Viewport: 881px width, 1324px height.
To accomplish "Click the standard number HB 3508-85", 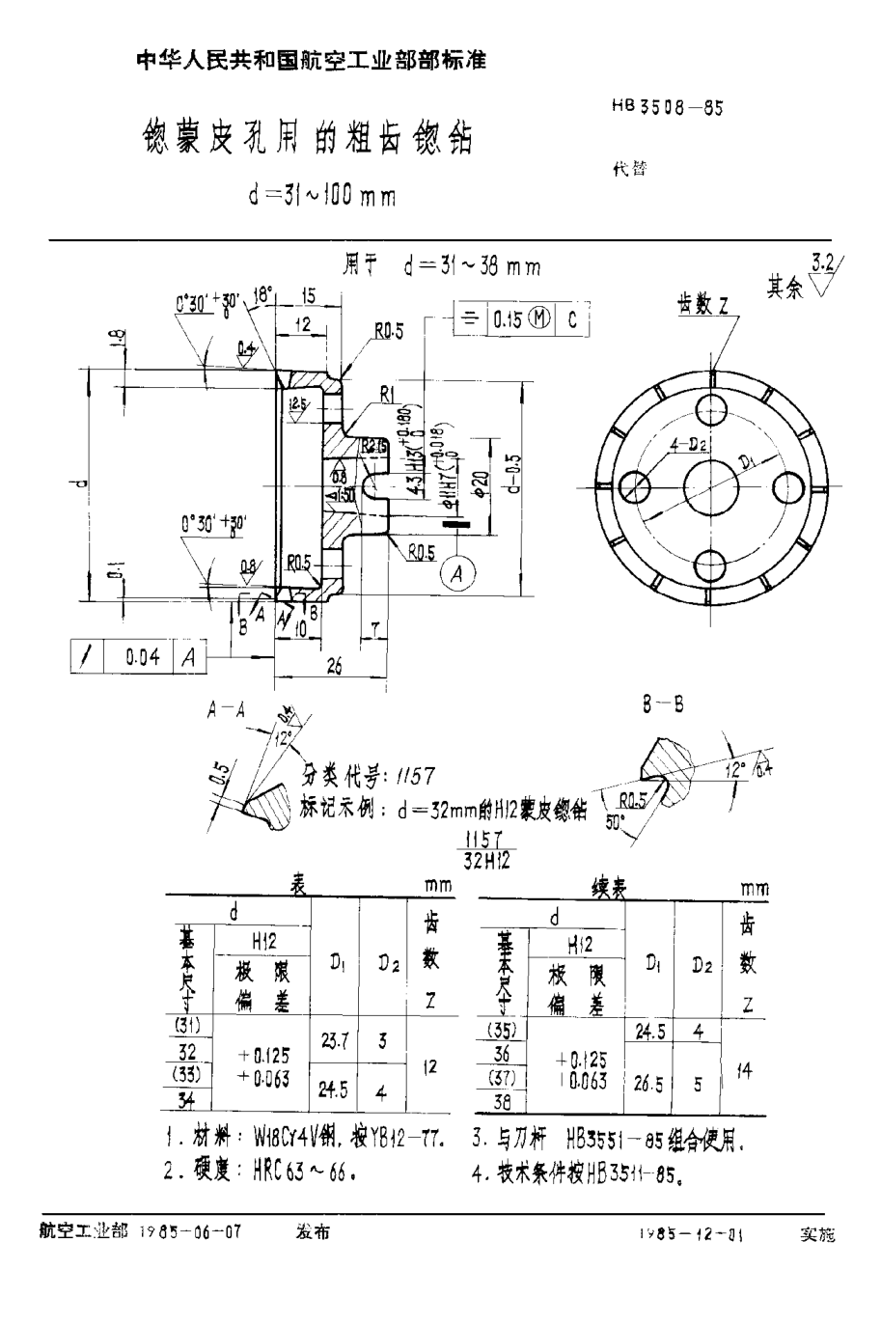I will click(x=667, y=108).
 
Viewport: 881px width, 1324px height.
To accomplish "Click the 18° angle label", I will click(x=262, y=293).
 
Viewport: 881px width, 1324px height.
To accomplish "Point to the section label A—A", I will click(x=226, y=711).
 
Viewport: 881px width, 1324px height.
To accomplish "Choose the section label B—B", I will click(x=663, y=705).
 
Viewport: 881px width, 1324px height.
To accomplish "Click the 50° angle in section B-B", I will click(x=614, y=821).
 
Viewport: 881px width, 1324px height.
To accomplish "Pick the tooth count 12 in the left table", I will click(x=430, y=1066).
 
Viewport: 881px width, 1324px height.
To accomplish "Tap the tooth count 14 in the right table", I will click(x=744, y=1070).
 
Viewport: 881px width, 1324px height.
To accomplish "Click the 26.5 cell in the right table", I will click(x=647, y=1084).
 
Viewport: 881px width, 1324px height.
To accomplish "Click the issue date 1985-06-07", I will click(x=190, y=1232).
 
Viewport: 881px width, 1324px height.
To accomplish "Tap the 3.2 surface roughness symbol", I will click(x=824, y=272).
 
